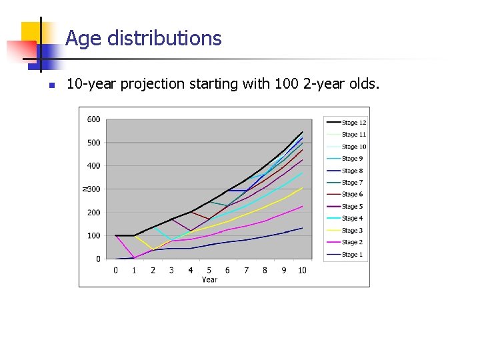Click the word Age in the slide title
click(83, 39)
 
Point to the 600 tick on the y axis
click(94, 119)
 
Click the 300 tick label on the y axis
click(94, 189)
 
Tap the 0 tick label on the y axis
click(98, 259)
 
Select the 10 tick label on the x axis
click(302, 270)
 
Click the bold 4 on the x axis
click(191, 270)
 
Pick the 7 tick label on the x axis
click(246, 270)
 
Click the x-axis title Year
click(209, 279)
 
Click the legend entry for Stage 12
click(353, 123)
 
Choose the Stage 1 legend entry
click(352, 255)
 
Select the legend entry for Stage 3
click(352, 231)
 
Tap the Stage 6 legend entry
click(352, 195)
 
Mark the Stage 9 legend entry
click(352, 159)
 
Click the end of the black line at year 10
click(303, 132)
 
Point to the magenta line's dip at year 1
click(135, 257)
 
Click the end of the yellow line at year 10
click(303, 188)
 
